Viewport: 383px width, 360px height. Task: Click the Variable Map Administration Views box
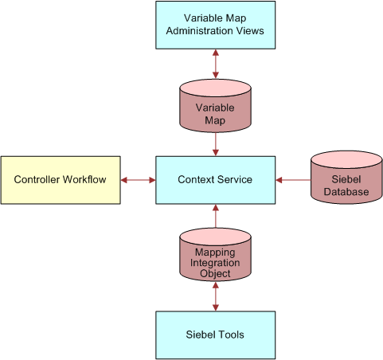tap(215, 25)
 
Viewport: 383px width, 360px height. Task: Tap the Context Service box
tap(215, 180)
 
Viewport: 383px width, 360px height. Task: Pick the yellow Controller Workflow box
tap(61, 180)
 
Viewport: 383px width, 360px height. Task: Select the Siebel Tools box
tap(215, 335)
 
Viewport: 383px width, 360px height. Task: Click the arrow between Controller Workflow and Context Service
tap(138, 180)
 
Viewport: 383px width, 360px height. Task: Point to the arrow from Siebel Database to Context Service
tap(292, 180)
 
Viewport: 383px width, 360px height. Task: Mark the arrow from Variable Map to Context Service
tap(215, 144)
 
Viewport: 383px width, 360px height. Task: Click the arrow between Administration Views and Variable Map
tap(215, 63)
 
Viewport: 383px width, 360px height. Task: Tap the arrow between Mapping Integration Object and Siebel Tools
tap(215, 296)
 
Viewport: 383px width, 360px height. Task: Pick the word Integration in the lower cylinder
tap(215, 262)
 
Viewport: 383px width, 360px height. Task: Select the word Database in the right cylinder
tap(346, 193)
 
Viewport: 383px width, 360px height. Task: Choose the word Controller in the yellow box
tap(41, 180)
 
